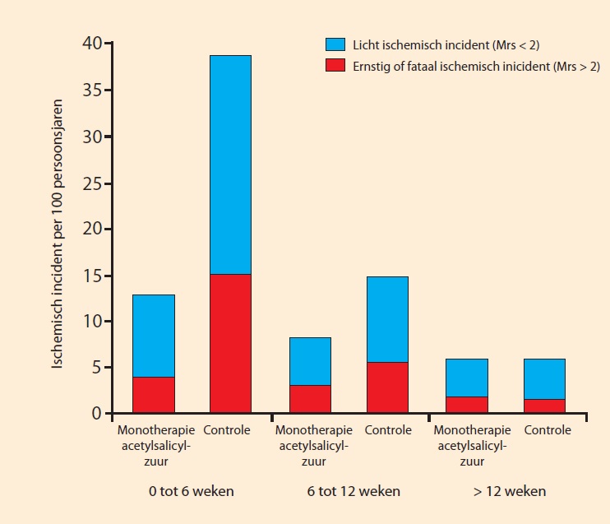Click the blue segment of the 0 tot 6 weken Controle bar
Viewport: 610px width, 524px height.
tap(230, 165)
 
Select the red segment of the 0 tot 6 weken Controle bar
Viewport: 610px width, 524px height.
tap(230, 343)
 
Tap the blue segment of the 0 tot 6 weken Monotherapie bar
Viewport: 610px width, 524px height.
tap(153, 336)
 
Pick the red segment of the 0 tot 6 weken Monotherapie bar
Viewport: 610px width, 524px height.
tap(153, 395)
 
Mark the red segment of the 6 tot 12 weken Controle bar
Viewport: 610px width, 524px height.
tap(387, 387)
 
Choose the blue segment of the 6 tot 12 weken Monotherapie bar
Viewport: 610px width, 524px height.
tap(310, 361)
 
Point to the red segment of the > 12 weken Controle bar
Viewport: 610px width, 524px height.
tap(544, 406)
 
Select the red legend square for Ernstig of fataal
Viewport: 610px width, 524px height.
tap(335, 65)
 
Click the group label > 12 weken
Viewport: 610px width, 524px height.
tap(510, 492)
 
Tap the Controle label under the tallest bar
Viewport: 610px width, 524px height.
tap(227, 430)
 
